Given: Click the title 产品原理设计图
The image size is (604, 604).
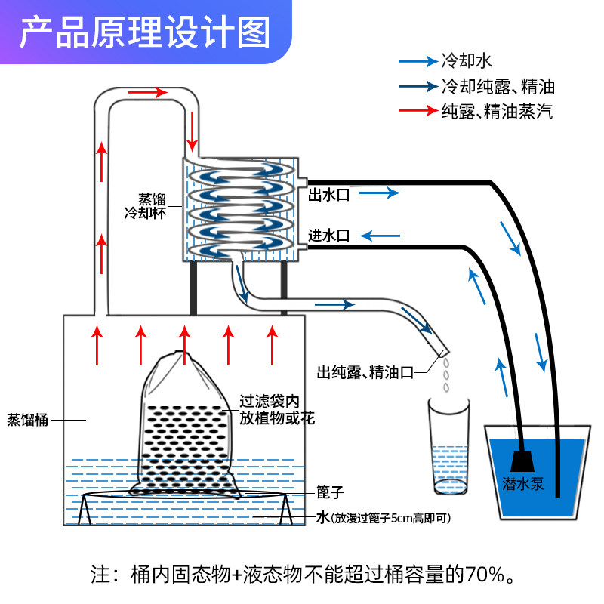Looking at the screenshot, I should (x=144, y=33).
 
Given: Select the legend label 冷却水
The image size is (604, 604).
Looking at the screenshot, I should (x=467, y=61).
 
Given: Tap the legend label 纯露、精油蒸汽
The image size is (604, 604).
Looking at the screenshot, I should (x=497, y=112).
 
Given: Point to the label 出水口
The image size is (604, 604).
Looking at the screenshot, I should (x=328, y=195).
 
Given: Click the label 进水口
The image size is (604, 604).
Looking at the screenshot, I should (x=328, y=236).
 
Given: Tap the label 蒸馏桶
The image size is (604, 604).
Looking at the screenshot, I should (x=28, y=420).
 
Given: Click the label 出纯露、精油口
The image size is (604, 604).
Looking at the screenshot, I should (x=366, y=371).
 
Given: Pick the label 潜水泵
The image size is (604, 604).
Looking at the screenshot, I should (x=523, y=484).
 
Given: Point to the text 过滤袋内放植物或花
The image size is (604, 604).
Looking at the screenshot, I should (x=276, y=408).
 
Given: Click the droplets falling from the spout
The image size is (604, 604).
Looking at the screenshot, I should (x=447, y=374).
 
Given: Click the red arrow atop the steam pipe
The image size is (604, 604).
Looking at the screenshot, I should (x=148, y=93).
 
